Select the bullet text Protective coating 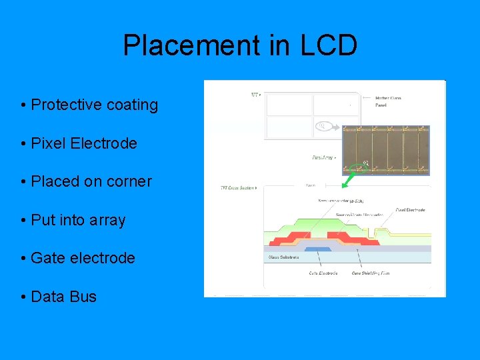point(95,105)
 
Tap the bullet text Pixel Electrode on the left point(84,143)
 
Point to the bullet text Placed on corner point(91,181)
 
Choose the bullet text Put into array point(78,219)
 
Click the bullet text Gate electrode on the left point(83,258)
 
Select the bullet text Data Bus point(64,297)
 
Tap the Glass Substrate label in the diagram point(284,257)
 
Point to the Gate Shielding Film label point(371,273)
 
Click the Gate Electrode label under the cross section point(323,273)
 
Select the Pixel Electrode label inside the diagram point(410,210)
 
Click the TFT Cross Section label point(238,188)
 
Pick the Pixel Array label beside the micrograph point(323,158)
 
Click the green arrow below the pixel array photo point(349,178)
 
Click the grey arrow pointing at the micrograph point(333,127)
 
